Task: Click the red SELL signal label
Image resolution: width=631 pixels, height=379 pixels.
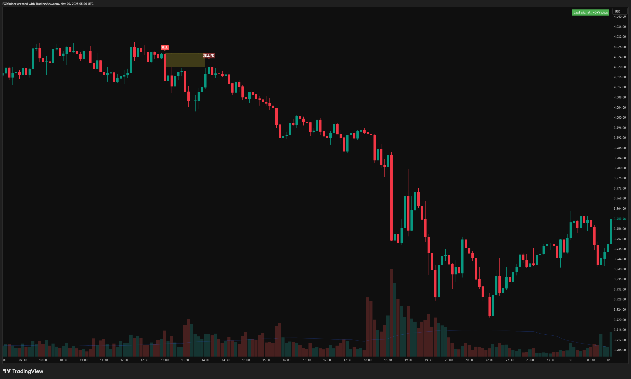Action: click(165, 47)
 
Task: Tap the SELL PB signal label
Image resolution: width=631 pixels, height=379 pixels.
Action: click(209, 56)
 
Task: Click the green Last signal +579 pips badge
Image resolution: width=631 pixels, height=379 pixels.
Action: click(590, 12)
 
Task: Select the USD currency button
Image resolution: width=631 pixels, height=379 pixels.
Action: click(620, 11)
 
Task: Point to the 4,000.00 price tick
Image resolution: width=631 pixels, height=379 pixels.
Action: click(620, 118)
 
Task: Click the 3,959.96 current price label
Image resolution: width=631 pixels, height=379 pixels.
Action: click(620, 219)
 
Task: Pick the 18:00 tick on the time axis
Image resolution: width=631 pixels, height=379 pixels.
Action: click(368, 360)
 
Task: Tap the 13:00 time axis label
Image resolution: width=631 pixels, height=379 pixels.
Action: click(165, 360)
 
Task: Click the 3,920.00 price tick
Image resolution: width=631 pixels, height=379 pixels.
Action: click(620, 320)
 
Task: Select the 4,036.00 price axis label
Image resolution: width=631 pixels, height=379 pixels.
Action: click(620, 27)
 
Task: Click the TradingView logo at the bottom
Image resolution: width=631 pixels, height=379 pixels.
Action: click(23, 371)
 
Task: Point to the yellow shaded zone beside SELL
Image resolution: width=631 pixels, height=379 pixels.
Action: click(185, 60)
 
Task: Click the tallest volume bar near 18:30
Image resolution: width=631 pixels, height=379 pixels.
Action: click(391, 313)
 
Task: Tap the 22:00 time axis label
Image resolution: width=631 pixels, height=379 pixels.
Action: click(489, 360)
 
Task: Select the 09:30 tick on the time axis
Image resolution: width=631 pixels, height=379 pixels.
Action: click(23, 360)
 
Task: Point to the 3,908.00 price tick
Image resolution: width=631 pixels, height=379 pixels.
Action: click(620, 350)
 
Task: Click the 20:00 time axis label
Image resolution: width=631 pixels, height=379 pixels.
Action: click(449, 360)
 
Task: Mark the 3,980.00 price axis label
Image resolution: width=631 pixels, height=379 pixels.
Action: click(620, 168)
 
